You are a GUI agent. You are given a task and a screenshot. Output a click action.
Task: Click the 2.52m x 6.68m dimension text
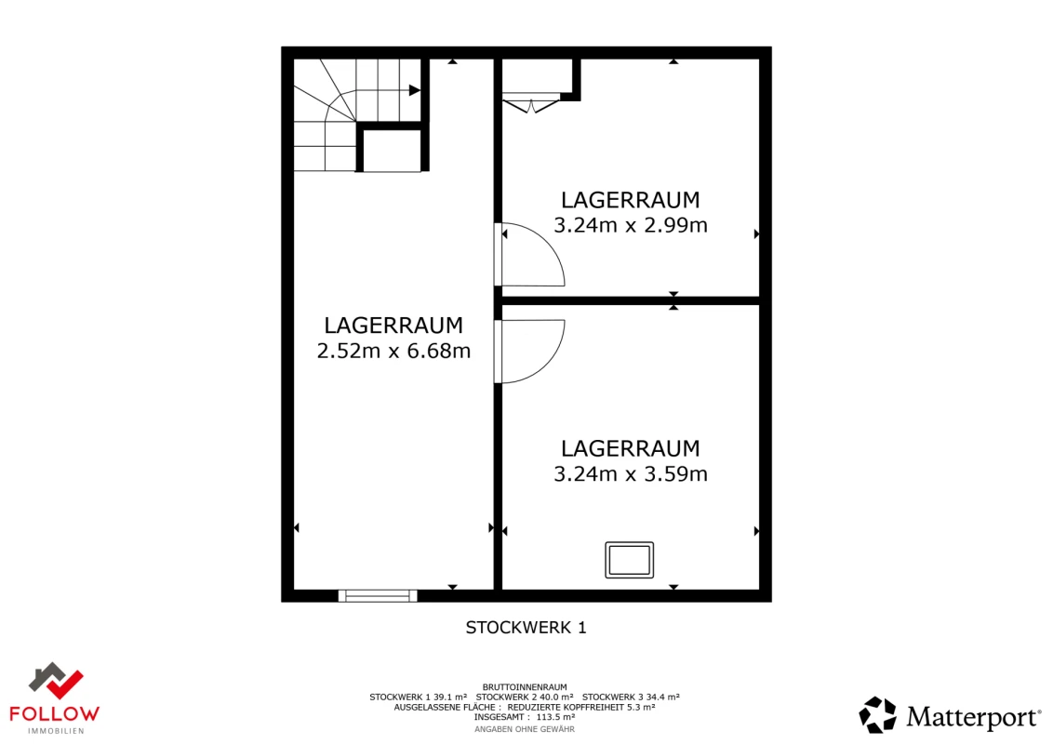(393, 352)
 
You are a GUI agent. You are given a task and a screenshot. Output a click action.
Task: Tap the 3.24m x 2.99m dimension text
(631, 225)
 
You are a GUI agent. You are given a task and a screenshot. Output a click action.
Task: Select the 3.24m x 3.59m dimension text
(631, 474)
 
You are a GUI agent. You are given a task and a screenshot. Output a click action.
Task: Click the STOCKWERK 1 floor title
(526, 628)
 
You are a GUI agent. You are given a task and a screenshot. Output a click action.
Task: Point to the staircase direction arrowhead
(415, 90)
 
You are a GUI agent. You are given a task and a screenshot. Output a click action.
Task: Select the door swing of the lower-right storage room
(535, 351)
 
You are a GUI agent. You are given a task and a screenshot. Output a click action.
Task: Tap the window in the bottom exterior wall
(378, 595)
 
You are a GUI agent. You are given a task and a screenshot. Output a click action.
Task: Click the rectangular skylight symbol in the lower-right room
(629, 560)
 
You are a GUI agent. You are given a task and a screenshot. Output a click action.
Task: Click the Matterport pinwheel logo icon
(877, 715)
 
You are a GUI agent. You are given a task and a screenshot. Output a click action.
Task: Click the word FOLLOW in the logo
(55, 713)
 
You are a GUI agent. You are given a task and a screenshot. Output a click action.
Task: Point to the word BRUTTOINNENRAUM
(525, 686)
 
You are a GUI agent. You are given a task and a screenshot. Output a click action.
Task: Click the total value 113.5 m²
(555, 717)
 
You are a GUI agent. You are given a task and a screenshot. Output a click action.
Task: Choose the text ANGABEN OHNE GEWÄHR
(525, 729)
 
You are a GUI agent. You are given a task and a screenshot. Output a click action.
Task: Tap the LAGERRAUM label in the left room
(393, 325)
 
